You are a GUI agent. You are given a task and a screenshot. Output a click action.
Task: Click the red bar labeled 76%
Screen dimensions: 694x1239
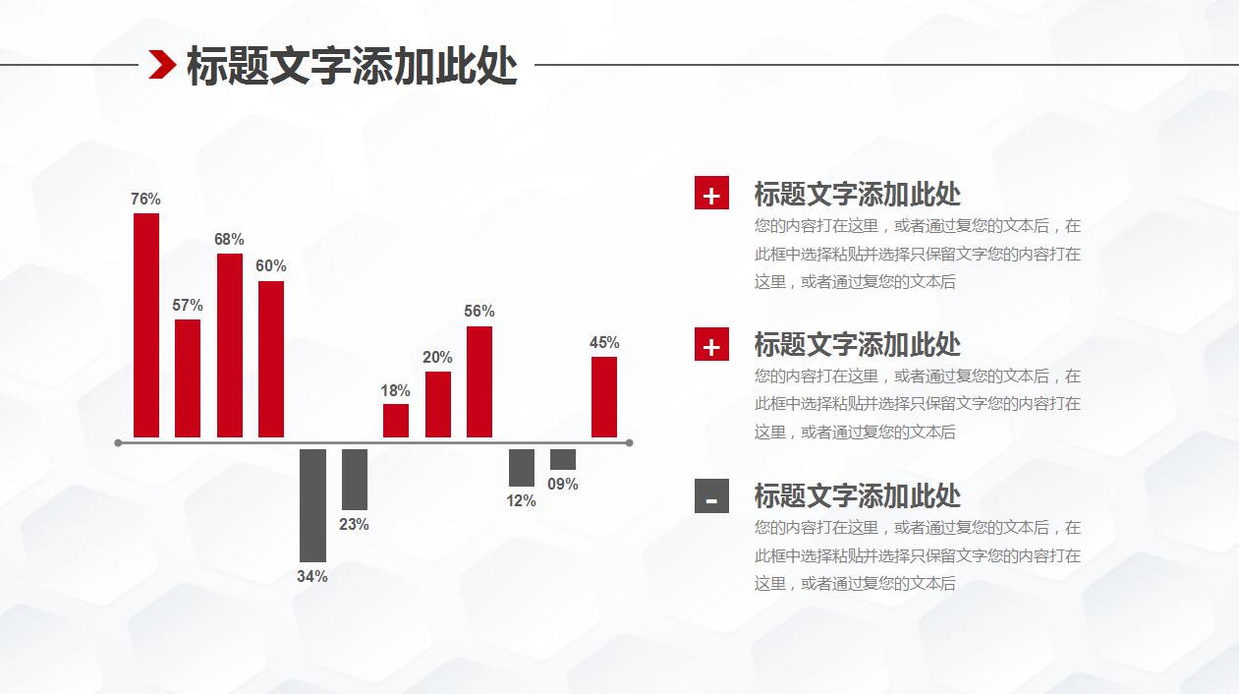pyautogui.click(x=146, y=325)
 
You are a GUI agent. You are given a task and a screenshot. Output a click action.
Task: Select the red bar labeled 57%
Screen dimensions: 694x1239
pyautogui.click(x=188, y=378)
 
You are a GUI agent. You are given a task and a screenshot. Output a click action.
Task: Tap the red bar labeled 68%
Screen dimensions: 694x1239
pyautogui.click(x=230, y=345)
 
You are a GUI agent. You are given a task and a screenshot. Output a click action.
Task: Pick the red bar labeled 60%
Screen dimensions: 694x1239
pyautogui.click(x=271, y=359)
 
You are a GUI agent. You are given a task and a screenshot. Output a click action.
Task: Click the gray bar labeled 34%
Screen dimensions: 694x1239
pyautogui.click(x=312, y=505)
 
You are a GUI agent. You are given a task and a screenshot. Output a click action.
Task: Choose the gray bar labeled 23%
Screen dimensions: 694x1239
pyautogui.click(x=355, y=479)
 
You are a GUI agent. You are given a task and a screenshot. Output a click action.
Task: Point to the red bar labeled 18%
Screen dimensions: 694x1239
pyautogui.click(x=396, y=421)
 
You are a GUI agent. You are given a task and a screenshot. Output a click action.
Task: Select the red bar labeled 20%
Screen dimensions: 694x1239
pyautogui.click(x=438, y=404)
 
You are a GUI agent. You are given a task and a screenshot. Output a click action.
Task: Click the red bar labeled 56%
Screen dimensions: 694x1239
pyautogui.click(x=479, y=381)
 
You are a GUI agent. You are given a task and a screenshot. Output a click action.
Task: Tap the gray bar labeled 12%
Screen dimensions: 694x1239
pyautogui.click(x=522, y=468)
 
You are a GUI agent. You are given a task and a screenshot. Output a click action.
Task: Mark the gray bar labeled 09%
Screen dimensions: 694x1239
pyautogui.click(x=563, y=460)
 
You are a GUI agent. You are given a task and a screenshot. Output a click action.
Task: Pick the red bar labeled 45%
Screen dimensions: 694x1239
pyautogui.click(x=604, y=397)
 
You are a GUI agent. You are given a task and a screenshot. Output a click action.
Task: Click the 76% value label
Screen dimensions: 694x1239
pyautogui.click(x=145, y=200)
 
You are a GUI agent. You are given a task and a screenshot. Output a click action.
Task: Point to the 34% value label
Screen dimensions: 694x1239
pyautogui.click(x=312, y=577)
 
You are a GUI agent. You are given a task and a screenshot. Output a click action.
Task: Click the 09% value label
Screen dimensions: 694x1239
pyautogui.click(x=563, y=485)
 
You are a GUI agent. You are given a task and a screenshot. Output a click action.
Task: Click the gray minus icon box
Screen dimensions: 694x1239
pyautogui.click(x=711, y=495)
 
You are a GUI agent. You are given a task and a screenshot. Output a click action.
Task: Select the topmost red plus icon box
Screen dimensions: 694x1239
pyautogui.click(x=711, y=193)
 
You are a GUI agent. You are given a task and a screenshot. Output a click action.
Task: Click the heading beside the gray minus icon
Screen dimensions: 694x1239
pyautogui.click(x=857, y=495)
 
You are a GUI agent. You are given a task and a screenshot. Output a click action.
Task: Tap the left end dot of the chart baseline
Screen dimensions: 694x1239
pyautogui.click(x=118, y=443)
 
